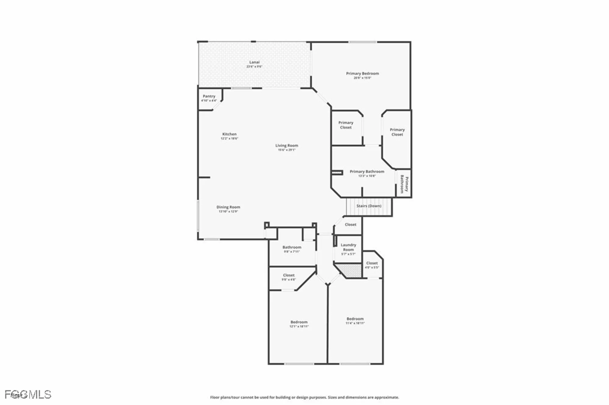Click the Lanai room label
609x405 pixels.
pos(254,62)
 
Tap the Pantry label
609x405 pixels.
pos(209,96)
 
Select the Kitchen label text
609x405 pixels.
pos(229,134)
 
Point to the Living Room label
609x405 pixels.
pos(287,145)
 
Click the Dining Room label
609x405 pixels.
pos(228,207)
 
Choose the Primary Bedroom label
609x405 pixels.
pos(362,73)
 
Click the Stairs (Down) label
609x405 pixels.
pos(369,206)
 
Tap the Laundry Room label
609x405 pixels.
pos(348,247)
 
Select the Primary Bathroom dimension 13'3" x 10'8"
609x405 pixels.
pos(367,176)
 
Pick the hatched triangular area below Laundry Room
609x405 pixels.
pos(352,270)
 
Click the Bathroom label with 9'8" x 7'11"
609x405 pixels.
pos(292,247)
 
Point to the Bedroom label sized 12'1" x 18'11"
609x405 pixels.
pos(299,322)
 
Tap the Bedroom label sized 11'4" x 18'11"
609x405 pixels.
pos(355,319)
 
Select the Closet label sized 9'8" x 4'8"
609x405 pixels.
pos(289,275)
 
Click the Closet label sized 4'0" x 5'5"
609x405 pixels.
pos(372,263)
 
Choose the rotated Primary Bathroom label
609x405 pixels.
pos(404,184)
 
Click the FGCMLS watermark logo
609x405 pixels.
pos(28,394)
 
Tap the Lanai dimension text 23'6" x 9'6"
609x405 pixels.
pos(254,67)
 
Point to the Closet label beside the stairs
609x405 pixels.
pos(350,225)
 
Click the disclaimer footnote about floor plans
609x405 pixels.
pos(304,397)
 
